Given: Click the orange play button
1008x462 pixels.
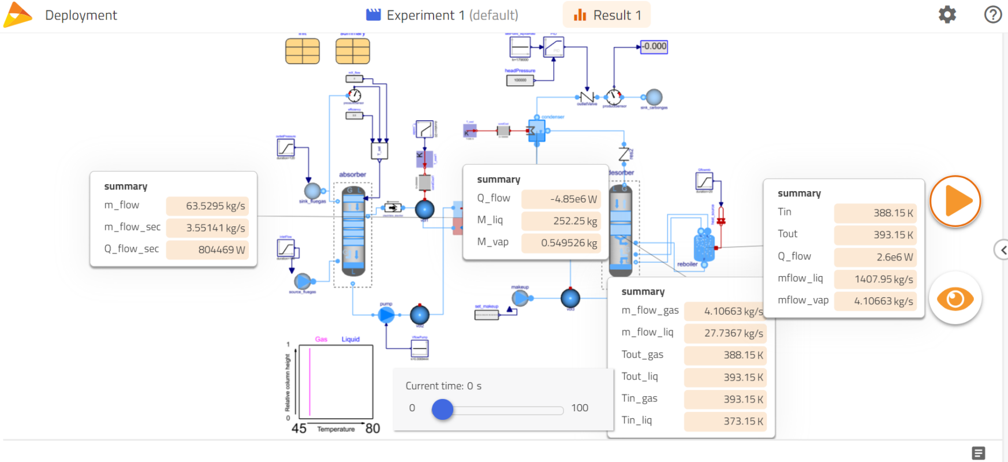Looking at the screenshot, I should [955, 201].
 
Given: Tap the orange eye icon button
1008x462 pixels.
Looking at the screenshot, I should [955, 299].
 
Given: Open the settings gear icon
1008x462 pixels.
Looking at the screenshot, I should [947, 14].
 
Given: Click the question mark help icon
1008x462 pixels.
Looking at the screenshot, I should [992, 14].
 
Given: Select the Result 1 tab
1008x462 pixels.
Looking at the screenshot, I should [607, 15].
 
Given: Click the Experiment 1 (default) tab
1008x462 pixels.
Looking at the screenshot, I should [442, 15].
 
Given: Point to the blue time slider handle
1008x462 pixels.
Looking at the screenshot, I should [443, 409].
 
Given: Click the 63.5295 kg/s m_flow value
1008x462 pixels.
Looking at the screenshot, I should [208, 206].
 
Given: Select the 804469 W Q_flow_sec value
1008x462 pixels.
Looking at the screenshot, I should [208, 249].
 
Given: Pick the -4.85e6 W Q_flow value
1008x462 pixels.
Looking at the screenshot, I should [561, 199].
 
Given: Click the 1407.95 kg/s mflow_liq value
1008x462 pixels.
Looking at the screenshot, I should [875, 280].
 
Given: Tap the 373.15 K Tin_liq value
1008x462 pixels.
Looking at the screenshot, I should [725, 422].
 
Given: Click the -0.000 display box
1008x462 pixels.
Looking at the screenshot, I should [655, 47].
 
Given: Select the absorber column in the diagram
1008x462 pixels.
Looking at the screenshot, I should [353, 231].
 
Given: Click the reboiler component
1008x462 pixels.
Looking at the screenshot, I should [704, 247].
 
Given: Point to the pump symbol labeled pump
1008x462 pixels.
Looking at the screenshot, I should [386, 315].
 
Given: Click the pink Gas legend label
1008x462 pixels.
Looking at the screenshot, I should [321, 340].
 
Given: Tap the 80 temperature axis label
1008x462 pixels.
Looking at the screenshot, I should [372, 429].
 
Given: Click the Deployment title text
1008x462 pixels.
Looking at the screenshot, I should [81, 15].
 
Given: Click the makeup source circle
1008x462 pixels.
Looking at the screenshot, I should [520, 298].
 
